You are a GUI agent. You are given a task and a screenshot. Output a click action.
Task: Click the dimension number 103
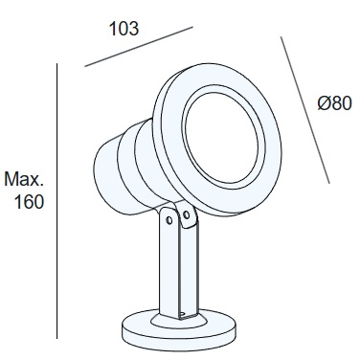click(x=124, y=28)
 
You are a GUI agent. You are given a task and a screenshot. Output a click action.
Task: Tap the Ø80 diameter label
click(x=336, y=103)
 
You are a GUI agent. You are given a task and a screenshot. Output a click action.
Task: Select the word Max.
click(x=25, y=179)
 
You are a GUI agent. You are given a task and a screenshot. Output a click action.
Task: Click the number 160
click(x=31, y=202)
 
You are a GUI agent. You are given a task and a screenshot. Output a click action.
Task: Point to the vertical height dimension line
click(x=60, y=191)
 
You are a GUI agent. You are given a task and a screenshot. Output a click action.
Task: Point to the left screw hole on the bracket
click(x=171, y=219)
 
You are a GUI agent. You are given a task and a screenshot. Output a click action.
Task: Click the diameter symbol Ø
click(x=324, y=103)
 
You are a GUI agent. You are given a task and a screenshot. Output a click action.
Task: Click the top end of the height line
click(x=60, y=64)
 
